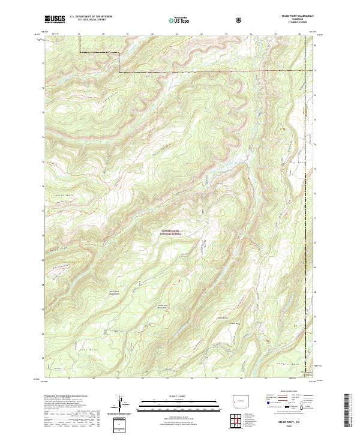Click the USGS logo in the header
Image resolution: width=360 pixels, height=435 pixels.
coord(55,20)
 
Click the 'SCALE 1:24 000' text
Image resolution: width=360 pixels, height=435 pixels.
coord(179,397)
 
